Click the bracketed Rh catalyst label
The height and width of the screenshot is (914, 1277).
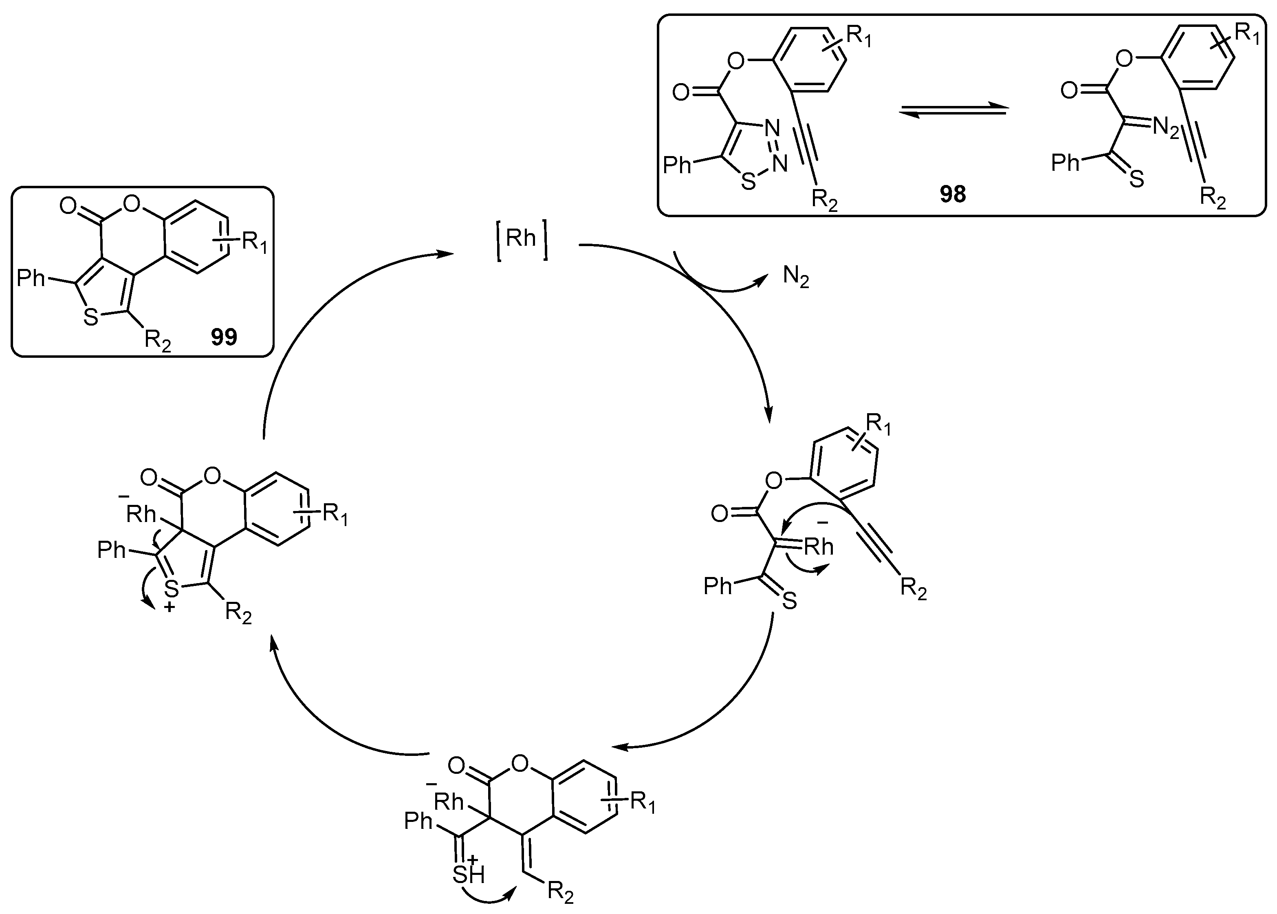(x=521, y=239)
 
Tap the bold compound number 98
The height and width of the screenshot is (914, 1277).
(x=952, y=194)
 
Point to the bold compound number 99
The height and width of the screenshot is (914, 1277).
(x=224, y=337)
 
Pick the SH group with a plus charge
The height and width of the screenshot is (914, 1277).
(x=471, y=873)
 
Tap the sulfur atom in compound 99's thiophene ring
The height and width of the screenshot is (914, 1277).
(x=90, y=318)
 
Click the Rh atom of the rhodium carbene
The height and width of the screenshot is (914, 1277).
(x=819, y=546)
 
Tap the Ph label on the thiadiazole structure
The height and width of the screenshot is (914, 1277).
(x=678, y=165)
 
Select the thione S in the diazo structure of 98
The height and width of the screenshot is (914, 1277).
(x=1137, y=180)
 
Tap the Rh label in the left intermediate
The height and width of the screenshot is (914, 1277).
(x=141, y=514)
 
